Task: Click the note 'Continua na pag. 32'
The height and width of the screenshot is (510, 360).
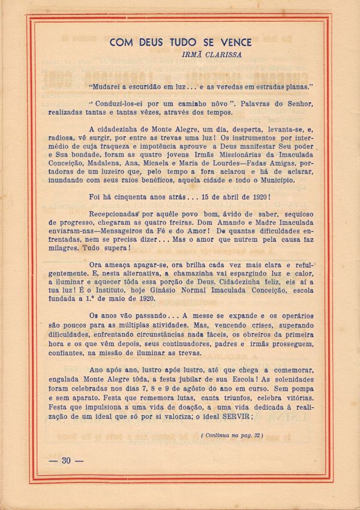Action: tap(232, 435)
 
